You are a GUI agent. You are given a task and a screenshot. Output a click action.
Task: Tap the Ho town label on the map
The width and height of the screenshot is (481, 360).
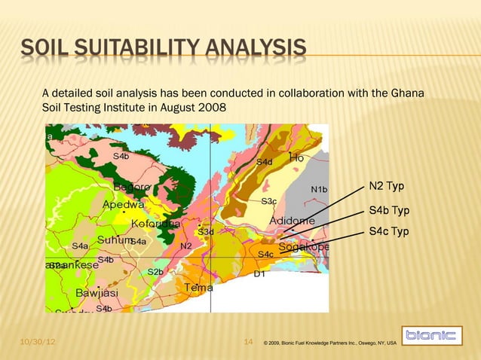click(x=296, y=157)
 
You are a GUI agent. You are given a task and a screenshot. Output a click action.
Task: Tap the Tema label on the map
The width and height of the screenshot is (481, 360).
click(x=198, y=287)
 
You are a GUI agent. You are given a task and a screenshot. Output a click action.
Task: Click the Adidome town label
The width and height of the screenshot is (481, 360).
click(x=293, y=221)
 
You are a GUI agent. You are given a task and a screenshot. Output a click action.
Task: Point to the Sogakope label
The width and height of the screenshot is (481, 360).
click(x=304, y=247)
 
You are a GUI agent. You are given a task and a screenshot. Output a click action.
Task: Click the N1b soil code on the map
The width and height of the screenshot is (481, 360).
click(x=319, y=189)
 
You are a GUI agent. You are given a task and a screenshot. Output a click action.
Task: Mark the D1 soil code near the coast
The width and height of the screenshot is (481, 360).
click(x=259, y=274)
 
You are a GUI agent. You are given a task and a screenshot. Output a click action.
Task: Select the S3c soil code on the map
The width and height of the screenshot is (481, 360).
click(x=269, y=201)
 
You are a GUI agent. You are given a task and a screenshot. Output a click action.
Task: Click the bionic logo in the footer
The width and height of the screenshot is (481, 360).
click(x=430, y=336)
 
